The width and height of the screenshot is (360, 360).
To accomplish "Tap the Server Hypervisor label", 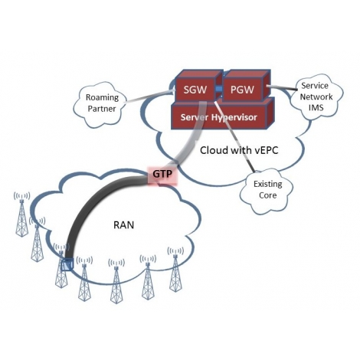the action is point(219,117).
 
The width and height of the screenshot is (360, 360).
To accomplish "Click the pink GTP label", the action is point(162,174).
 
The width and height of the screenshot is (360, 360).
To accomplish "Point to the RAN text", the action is point(123,225).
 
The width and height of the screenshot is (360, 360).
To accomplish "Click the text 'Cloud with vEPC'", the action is point(239,150).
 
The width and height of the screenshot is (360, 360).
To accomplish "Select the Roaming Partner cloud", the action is point(100,104).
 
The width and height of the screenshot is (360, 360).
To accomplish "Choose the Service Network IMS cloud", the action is point(316,97).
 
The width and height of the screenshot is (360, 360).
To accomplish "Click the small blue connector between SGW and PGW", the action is point(219,89).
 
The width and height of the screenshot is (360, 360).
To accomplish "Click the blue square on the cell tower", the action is point(67,264).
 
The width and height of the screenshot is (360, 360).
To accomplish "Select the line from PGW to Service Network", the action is point(282,88).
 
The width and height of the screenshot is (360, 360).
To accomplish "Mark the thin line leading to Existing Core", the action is point(234,136).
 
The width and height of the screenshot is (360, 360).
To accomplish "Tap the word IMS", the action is point(316,107).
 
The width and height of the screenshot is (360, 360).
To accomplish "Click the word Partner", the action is point(102,109).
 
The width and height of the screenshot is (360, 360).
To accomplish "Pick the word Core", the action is point(267,195).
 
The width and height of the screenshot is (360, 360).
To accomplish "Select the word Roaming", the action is point(102,97).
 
